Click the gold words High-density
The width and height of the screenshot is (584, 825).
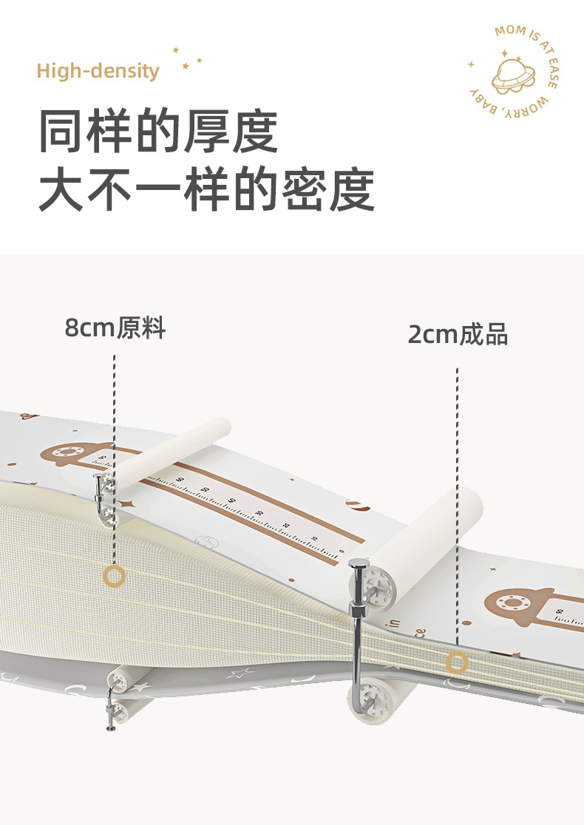coord(98,71)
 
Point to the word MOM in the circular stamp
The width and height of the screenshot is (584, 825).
coord(510,31)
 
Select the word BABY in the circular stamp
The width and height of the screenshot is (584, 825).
coord(481,101)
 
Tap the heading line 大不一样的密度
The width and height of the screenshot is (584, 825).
coord(206,191)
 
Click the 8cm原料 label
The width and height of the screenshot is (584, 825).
coord(115,327)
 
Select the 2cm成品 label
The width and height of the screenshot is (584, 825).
coord(458,334)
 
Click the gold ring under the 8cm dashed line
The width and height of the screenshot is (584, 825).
coord(114,577)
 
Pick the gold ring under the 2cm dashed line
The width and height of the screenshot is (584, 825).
coord(457,663)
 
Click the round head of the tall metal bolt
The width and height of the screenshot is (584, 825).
coord(359,566)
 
